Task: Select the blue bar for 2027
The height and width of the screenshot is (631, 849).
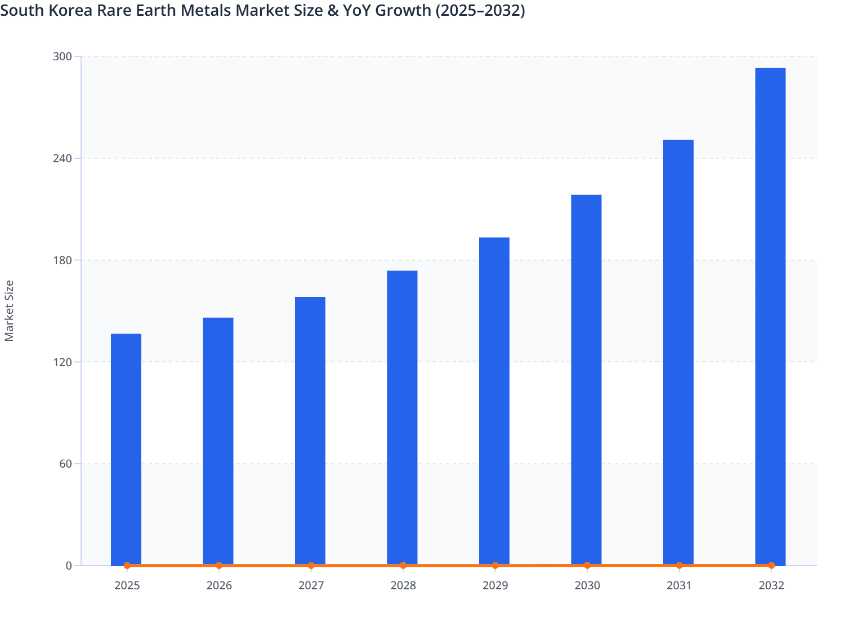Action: pyautogui.click(x=310, y=430)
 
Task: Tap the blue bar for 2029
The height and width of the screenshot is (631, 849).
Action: pyautogui.click(x=494, y=401)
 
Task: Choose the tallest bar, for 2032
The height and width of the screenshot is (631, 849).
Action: pyautogui.click(x=770, y=316)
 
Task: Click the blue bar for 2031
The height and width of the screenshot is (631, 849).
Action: pyautogui.click(x=678, y=352)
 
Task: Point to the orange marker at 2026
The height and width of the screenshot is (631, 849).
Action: pyautogui.click(x=219, y=565)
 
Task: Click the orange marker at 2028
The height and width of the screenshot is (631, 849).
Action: pyautogui.click(x=403, y=565)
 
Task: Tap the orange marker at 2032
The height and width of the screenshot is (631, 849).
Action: pyautogui.click(x=771, y=565)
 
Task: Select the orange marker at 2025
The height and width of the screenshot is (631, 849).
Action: pyautogui.click(x=127, y=565)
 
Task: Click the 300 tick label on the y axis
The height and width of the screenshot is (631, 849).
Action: pyautogui.click(x=62, y=56)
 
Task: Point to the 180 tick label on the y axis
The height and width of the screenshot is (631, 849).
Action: pyautogui.click(x=62, y=260)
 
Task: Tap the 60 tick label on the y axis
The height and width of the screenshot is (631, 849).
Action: pyautogui.click(x=66, y=464)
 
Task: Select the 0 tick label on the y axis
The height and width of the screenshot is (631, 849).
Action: pyautogui.click(x=69, y=566)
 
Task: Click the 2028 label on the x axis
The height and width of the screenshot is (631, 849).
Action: pyautogui.click(x=403, y=585)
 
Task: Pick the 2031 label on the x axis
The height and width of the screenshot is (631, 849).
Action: pyautogui.click(x=679, y=585)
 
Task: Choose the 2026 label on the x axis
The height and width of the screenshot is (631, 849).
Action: pyautogui.click(x=219, y=585)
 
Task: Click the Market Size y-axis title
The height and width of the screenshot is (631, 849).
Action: pyautogui.click(x=9, y=310)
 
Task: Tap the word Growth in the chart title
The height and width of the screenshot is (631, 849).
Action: pyautogui.click(x=404, y=10)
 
